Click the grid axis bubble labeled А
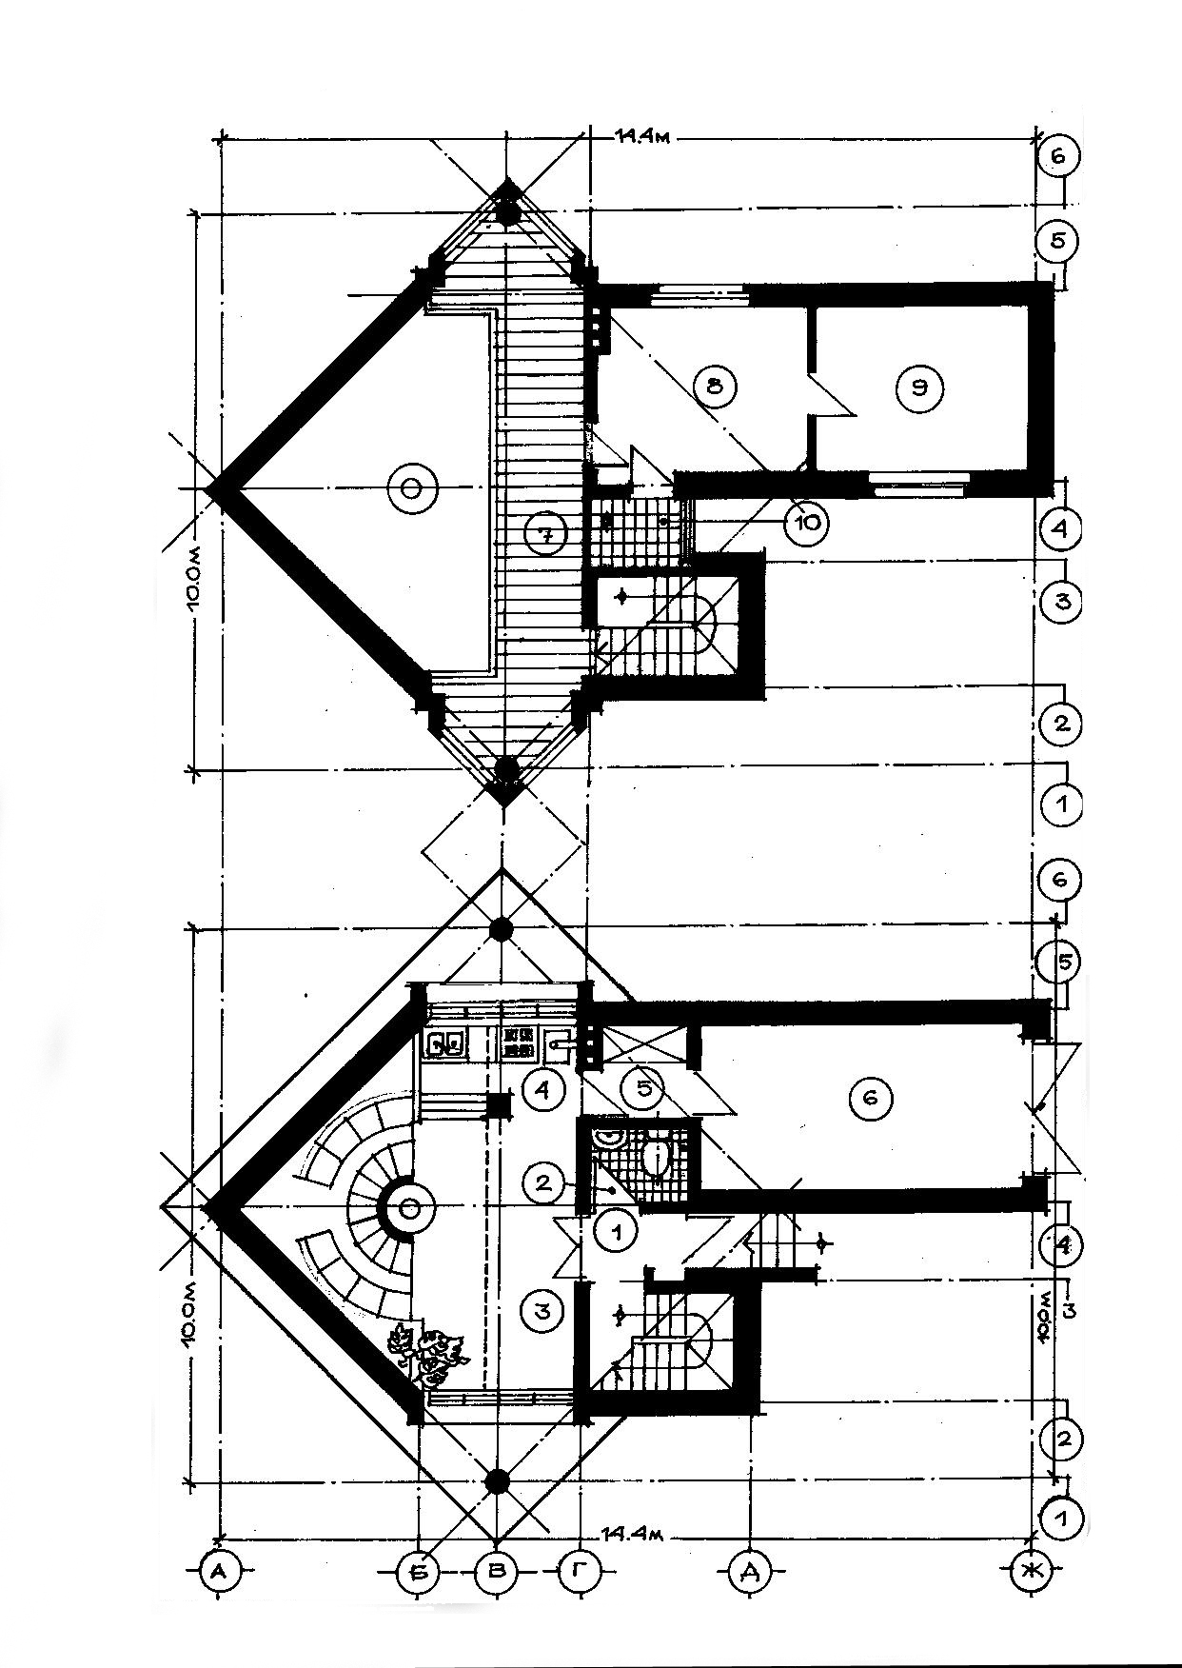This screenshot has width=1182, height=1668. point(219,1571)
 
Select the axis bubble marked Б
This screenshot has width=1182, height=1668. point(420,1571)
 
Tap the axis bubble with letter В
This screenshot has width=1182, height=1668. point(496,1571)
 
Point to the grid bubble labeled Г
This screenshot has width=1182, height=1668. point(578,1571)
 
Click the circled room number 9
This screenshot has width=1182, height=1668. point(919,387)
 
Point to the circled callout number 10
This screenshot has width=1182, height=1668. point(805,522)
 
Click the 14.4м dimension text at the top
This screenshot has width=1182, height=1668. point(643,136)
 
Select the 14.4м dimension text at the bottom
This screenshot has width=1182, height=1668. point(631,1534)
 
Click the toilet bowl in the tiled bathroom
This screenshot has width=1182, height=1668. point(655,1158)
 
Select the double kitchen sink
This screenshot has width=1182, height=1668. point(445,1044)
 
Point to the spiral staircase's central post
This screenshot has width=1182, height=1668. point(410,1208)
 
